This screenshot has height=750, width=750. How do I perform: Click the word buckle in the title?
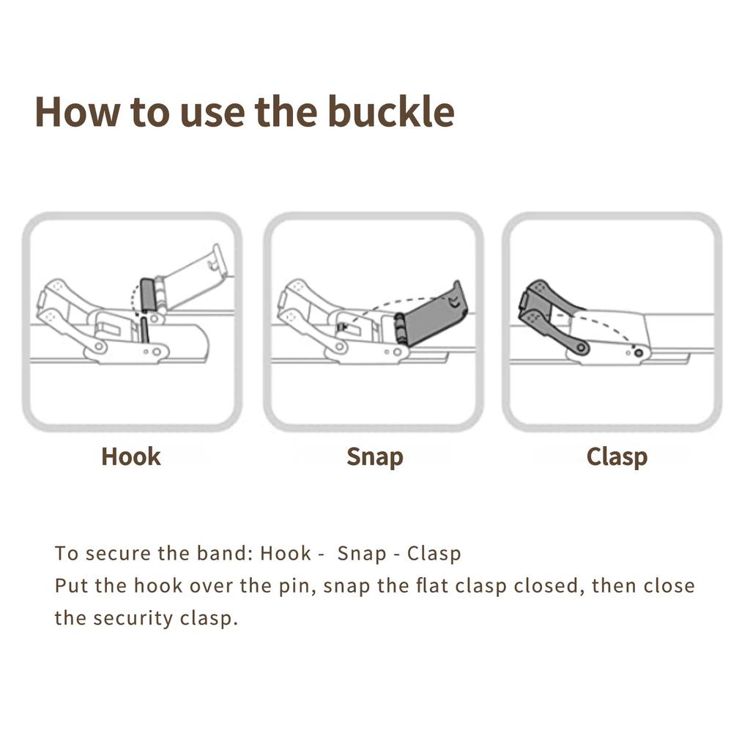(391, 111)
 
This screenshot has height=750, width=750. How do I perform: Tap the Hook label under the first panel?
(131, 456)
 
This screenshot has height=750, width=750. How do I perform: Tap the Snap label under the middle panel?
(375, 457)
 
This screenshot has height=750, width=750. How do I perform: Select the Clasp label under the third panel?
(617, 457)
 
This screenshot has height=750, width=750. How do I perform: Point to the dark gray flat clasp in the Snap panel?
(429, 313)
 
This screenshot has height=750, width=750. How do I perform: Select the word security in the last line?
(133, 618)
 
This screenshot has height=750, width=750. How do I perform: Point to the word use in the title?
(212, 114)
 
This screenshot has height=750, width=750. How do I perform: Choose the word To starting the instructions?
(66, 553)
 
